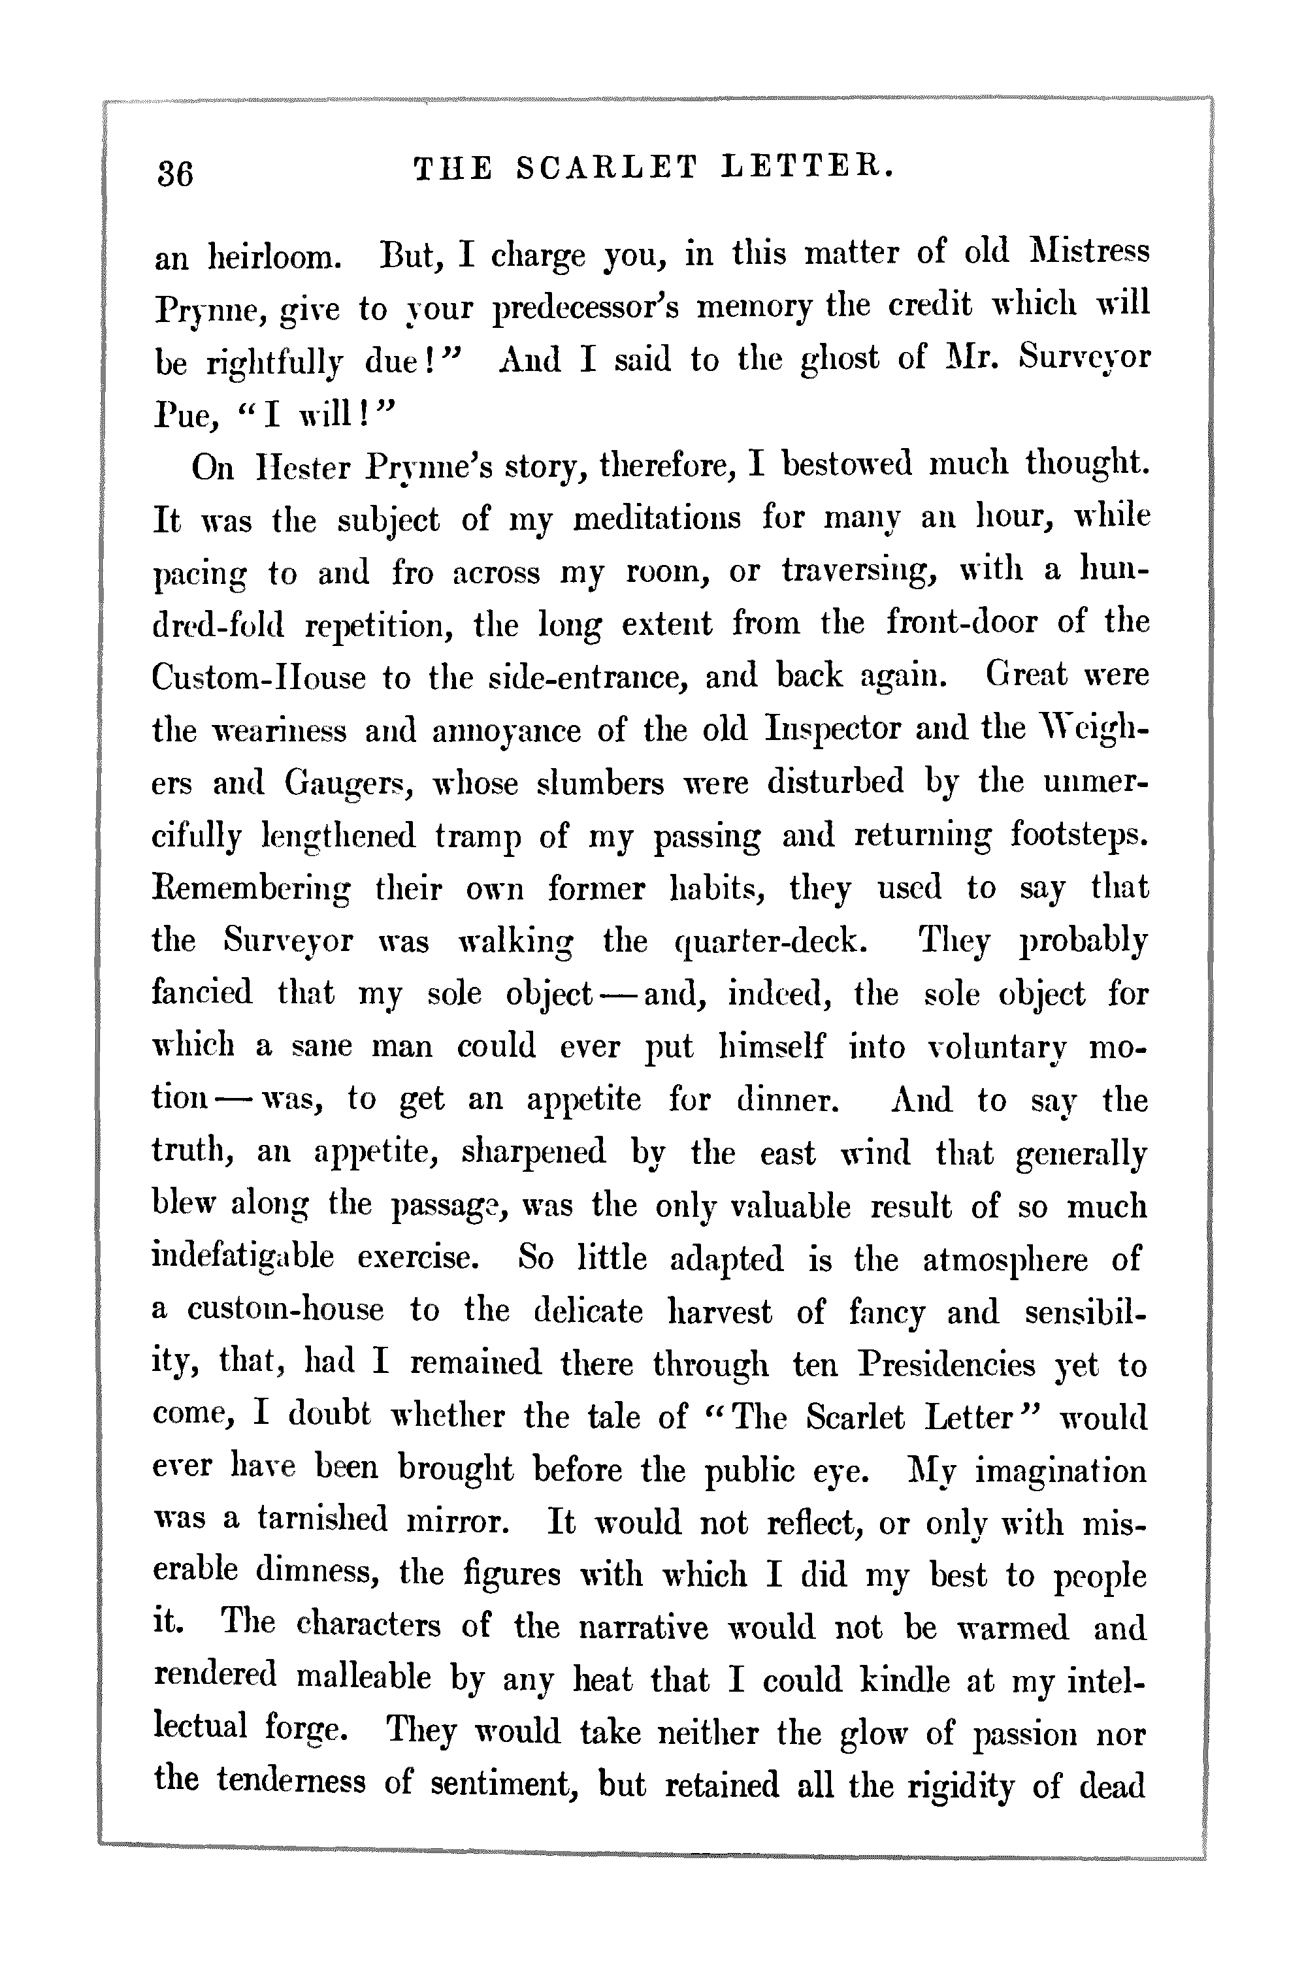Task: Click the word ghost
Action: coord(839,360)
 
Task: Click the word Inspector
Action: coord(832,728)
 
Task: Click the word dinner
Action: coord(785,1100)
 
